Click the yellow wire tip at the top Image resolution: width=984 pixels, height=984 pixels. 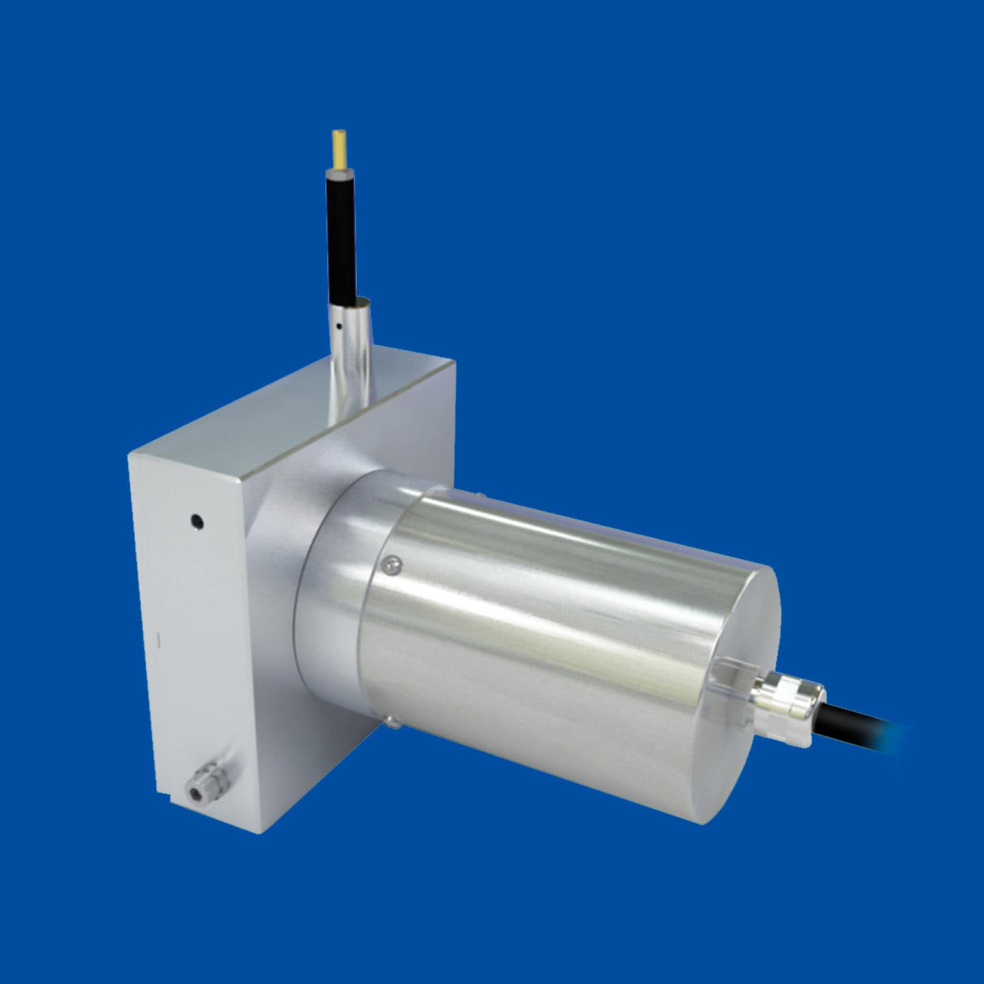pos(339,148)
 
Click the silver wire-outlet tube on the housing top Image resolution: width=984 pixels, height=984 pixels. pos(348,367)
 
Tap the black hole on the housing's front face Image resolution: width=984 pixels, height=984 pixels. pos(195,522)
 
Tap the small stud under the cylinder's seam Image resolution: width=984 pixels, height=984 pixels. pos(391,724)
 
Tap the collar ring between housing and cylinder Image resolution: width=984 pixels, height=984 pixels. pos(328,590)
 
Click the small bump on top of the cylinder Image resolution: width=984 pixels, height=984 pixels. pos(482,497)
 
